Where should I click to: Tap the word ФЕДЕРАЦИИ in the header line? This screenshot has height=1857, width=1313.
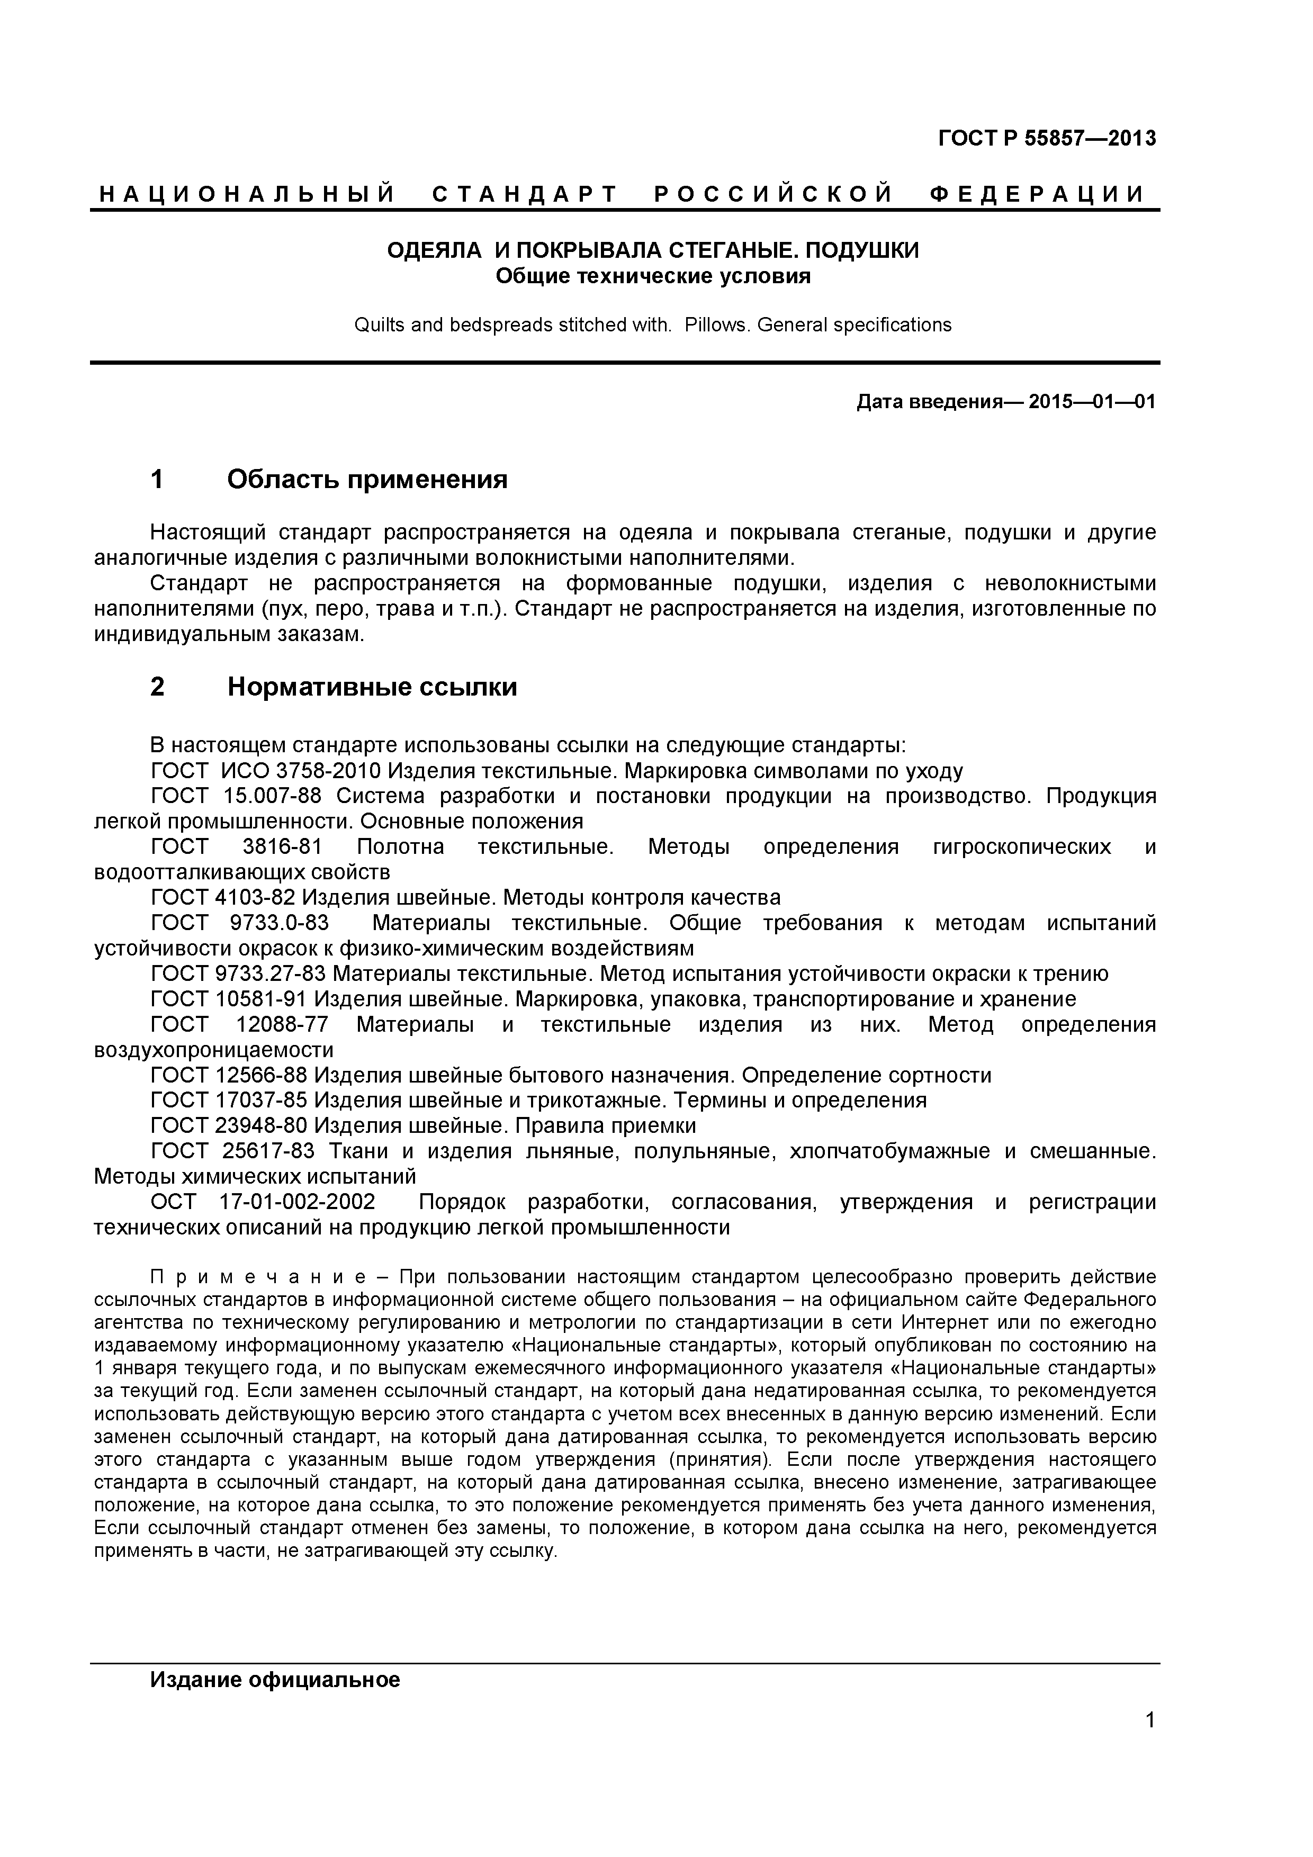pyautogui.click(x=1037, y=195)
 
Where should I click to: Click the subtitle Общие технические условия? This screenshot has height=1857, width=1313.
pyautogui.click(x=652, y=277)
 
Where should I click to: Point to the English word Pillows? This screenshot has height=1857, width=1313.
pyautogui.click(x=717, y=325)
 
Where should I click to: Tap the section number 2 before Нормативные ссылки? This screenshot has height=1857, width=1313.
pyautogui.click(x=158, y=687)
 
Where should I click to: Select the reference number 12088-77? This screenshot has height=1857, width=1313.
pyautogui.click(x=282, y=1025)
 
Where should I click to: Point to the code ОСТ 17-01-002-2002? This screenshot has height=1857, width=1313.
pyautogui.click(x=263, y=1203)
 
